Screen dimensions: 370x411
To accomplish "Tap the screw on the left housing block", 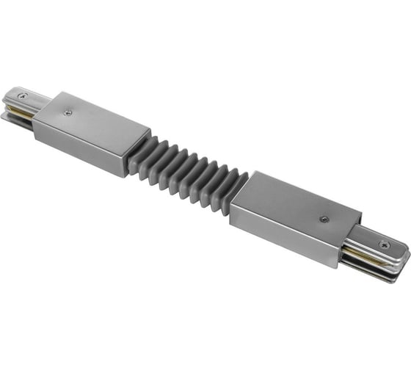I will click(x=68, y=112).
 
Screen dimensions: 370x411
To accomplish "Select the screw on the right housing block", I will click(x=324, y=218).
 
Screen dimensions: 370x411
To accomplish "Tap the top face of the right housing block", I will click(x=301, y=209).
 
